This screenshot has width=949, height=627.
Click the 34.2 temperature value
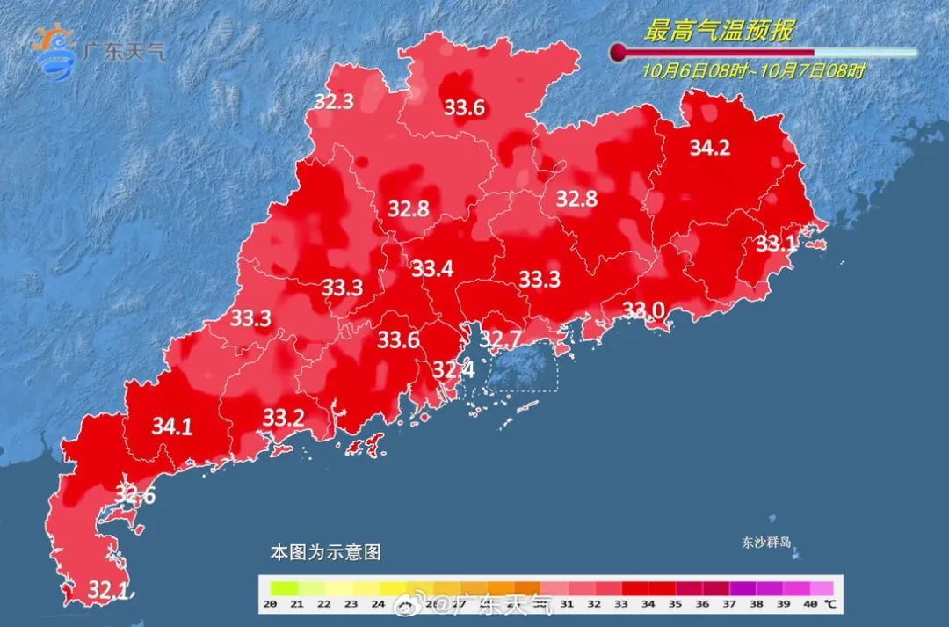click(709, 148)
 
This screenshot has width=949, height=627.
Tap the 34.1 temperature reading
click(172, 427)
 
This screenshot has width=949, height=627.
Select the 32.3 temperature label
click(334, 101)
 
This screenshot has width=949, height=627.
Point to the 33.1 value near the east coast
click(776, 244)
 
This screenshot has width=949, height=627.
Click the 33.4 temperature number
click(432, 268)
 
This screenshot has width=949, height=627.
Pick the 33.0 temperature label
click(643, 310)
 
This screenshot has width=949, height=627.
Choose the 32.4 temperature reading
click(453, 370)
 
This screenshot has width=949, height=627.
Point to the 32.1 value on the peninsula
click(108, 588)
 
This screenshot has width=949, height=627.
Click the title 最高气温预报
click(719, 33)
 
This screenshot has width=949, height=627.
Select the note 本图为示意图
click(325, 553)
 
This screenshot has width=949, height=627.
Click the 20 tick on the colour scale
click(271, 604)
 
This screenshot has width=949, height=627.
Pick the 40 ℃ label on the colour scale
click(816, 604)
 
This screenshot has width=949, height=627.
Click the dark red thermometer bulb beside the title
click(620, 52)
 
